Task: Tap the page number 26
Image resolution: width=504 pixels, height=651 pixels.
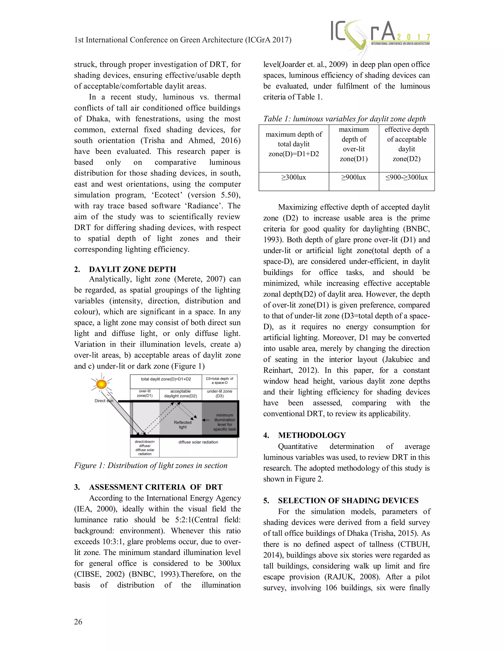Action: (x=78, y=622)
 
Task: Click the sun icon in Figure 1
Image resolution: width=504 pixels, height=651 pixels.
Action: (x=102, y=384)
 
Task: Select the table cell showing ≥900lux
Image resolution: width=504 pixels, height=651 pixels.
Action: (x=354, y=177)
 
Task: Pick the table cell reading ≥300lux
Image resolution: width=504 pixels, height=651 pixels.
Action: (x=294, y=177)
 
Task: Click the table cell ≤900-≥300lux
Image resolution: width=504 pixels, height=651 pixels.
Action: (x=406, y=177)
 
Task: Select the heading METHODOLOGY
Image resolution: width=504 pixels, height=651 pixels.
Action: (x=312, y=435)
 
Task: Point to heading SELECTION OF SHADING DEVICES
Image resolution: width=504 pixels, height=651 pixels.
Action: (x=348, y=500)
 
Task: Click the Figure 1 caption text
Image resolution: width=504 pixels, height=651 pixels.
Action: (x=151, y=465)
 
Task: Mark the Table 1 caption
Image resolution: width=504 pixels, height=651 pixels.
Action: (x=344, y=119)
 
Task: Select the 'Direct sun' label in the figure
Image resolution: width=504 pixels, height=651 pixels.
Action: (x=104, y=401)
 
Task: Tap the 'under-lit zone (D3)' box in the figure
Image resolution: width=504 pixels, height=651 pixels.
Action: (x=220, y=394)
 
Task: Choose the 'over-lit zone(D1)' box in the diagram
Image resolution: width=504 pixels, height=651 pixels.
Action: (x=145, y=394)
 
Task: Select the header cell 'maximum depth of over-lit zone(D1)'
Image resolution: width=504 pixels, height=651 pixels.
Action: (x=354, y=144)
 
